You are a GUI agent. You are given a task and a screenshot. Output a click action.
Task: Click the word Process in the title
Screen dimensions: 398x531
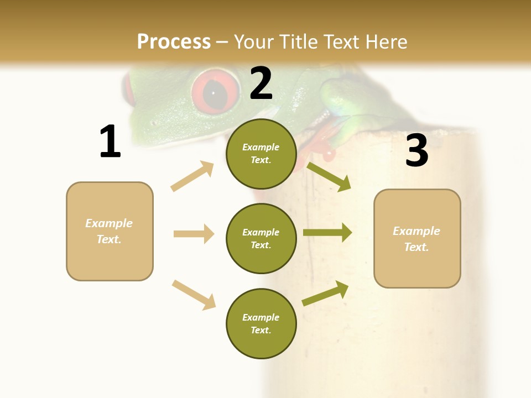(x=174, y=42)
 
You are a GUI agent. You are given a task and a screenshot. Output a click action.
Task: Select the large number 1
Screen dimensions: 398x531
(x=110, y=142)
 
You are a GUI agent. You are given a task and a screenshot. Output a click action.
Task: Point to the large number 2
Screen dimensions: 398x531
(x=261, y=83)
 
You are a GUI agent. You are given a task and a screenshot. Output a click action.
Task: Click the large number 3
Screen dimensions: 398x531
(x=417, y=150)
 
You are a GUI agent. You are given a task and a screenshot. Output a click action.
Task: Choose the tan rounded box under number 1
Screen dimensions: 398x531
(x=110, y=231)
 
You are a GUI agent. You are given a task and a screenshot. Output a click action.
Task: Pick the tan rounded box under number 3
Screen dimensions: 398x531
(x=417, y=239)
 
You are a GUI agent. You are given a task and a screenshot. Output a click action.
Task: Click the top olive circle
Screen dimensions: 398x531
(x=261, y=154)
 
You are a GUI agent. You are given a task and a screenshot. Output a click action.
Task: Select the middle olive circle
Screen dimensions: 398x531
(x=261, y=238)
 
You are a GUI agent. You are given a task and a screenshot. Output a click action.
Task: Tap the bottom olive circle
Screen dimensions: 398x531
(x=261, y=323)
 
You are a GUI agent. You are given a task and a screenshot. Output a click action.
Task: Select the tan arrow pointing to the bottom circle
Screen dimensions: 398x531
(x=194, y=295)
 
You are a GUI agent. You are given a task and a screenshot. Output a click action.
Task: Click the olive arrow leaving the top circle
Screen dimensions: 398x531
(x=329, y=177)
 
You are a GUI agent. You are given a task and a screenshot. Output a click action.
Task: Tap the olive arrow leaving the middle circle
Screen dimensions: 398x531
(x=327, y=233)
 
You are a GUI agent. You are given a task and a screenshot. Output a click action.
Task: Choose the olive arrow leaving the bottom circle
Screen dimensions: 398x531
(x=325, y=293)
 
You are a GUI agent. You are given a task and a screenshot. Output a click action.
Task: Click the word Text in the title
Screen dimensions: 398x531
(x=342, y=42)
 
